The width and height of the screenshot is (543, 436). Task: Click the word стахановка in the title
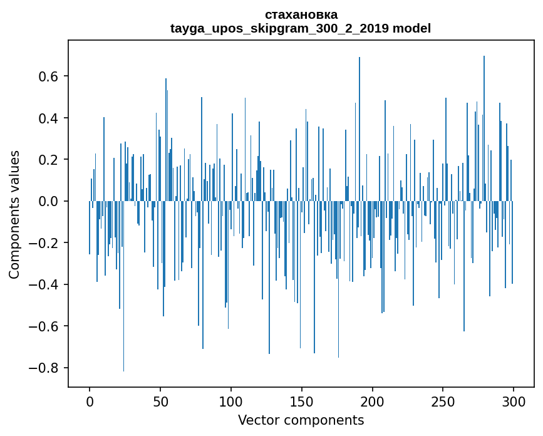(x=301, y=14)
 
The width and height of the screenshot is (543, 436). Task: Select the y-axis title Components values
(x=14, y=215)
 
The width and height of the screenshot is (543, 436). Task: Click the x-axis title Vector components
(x=301, y=420)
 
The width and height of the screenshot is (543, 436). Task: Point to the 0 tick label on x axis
(x=90, y=402)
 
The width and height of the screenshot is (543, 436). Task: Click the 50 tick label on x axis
(x=160, y=402)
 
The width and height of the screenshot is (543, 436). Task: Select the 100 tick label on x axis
(x=231, y=402)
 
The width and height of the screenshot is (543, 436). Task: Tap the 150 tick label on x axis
(x=302, y=402)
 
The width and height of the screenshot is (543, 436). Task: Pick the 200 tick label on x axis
(x=373, y=402)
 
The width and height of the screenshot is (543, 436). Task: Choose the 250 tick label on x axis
(x=443, y=402)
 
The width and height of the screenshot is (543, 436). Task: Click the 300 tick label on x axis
(x=514, y=402)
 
